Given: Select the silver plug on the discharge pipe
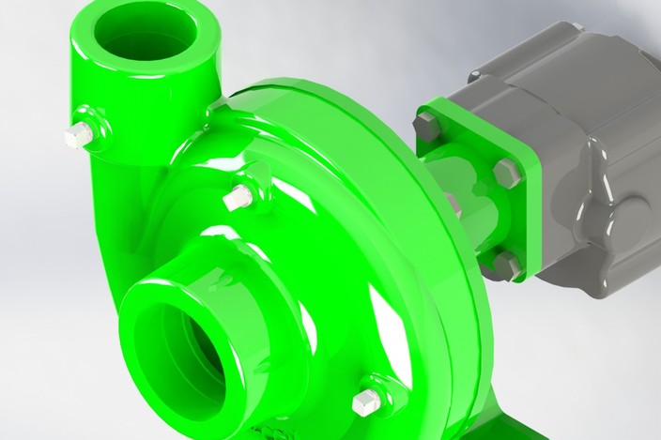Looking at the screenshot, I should (x=80, y=135).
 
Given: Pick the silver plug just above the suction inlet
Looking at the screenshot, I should (x=238, y=198).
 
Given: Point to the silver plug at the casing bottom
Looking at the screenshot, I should (x=366, y=402).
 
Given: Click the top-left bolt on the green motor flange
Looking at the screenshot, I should (x=428, y=125).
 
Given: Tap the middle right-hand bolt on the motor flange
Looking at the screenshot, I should (x=505, y=173).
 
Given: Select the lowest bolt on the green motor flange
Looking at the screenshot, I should (x=507, y=265).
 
